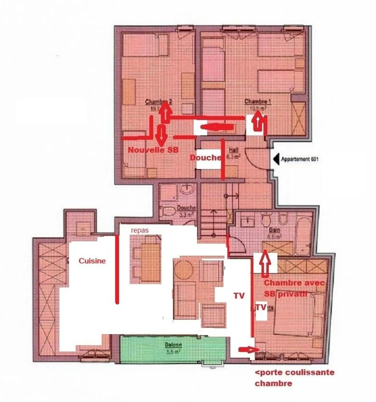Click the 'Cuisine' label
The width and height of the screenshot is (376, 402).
tap(92, 261)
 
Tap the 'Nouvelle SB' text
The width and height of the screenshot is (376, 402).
tap(153, 150)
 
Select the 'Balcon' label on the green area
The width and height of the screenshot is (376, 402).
tap(173, 345)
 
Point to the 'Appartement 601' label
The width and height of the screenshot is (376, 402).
tap(299, 159)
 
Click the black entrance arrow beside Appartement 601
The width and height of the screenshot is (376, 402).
tap(275, 159)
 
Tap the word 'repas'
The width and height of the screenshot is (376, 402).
tap(140, 230)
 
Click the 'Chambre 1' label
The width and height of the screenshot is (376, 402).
tap(256, 102)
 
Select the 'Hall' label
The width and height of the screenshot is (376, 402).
tap(233, 150)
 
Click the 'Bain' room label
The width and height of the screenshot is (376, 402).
tap(274, 230)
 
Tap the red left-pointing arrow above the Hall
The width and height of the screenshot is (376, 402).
tap(217, 127)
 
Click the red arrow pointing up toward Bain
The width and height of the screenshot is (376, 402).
tap(265, 263)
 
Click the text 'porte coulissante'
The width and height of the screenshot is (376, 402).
tap(295, 372)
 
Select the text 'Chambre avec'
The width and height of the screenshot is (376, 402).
tap(295, 283)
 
